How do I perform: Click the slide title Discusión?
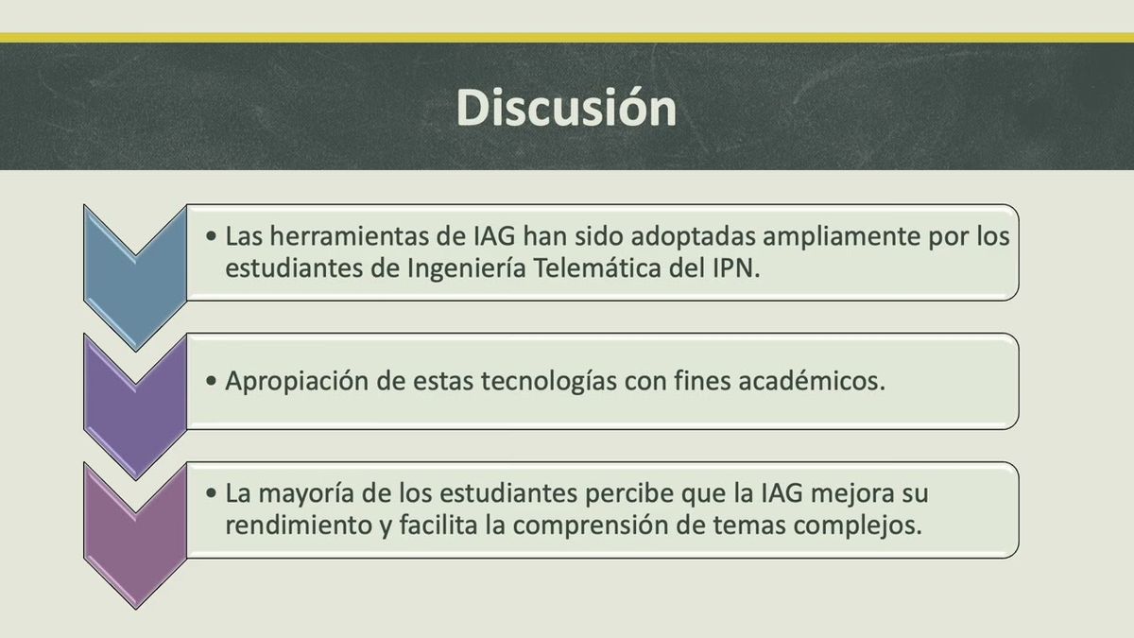(566, 108)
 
